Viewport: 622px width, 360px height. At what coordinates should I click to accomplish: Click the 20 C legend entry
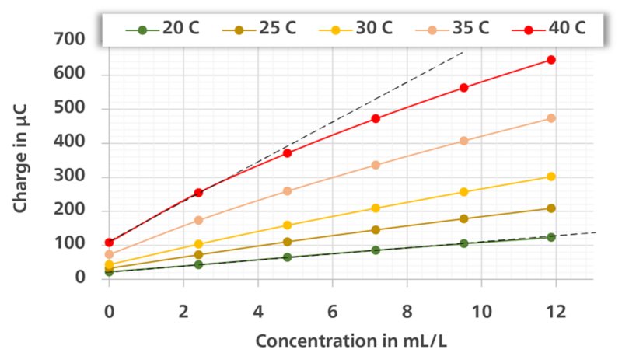click(162, 29)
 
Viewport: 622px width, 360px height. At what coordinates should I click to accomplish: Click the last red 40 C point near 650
click(551, 60)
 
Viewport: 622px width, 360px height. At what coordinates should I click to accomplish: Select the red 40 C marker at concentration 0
click(109, 243)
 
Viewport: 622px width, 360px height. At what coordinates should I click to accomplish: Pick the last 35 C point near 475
click(551, 118)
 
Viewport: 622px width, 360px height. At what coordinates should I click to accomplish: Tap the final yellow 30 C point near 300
click(551, 177)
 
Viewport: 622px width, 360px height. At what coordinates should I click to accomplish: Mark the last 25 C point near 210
click(551, 208)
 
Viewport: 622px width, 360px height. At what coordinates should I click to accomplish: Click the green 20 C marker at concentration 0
click(109, 271)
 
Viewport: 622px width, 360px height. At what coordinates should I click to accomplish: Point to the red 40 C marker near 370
click(288, 153)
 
